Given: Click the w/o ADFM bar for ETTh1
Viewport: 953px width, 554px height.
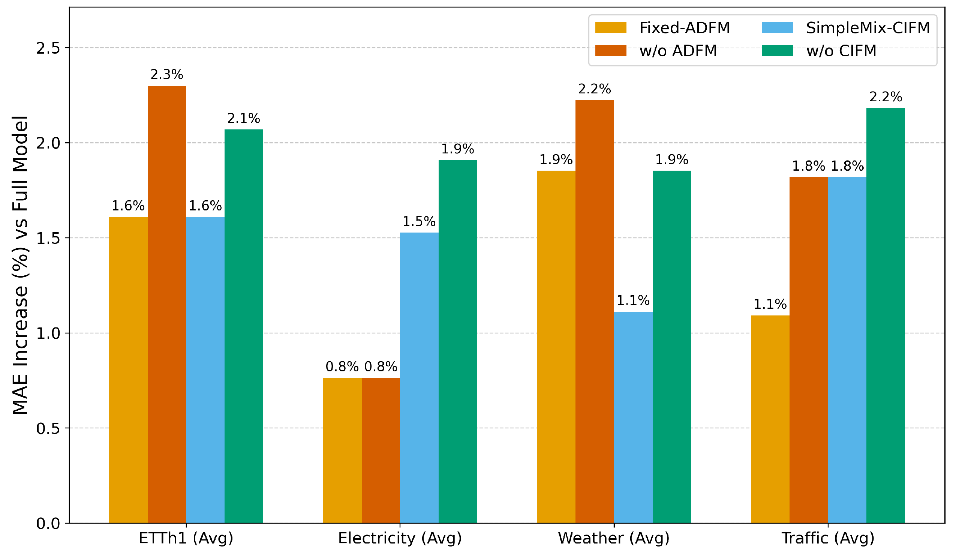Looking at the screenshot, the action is click(167, 305).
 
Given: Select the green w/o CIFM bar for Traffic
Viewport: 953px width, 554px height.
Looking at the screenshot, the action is click(885, 315).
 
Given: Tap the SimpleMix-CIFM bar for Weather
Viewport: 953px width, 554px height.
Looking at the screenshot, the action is click(633, 417).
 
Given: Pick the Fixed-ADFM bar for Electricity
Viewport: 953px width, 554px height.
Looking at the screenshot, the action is click(342, 450).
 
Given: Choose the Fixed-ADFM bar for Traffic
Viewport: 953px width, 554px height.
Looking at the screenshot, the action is click(770, 419).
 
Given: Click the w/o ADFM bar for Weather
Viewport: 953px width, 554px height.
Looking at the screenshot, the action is click(595, 312).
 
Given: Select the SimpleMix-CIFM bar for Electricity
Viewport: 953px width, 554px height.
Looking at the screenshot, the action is click(419, 378).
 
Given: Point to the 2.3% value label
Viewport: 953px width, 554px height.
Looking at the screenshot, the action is click(167, 75).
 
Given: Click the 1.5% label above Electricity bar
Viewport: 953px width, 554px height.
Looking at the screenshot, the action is click(419, 221).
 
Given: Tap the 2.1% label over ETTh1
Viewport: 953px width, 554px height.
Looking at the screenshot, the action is click(244, 119).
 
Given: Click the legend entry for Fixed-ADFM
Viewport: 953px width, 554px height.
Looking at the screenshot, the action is click(662, 28).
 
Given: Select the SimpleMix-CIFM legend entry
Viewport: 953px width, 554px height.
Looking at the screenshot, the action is click(846, 28).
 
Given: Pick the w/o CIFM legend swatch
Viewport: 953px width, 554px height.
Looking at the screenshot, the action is click(778, 51).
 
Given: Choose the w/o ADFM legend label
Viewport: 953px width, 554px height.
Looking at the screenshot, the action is click(678, 51).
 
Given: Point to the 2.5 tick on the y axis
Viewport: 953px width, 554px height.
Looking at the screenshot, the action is click(48, 48).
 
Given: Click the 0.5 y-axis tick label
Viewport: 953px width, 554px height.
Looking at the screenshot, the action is click(48, 428).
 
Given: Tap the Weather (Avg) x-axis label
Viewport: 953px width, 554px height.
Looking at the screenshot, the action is click(614, 539).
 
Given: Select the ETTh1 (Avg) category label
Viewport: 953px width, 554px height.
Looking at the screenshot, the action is click(186, 539).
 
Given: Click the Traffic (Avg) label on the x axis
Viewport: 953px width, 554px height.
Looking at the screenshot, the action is click(828, 539).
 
